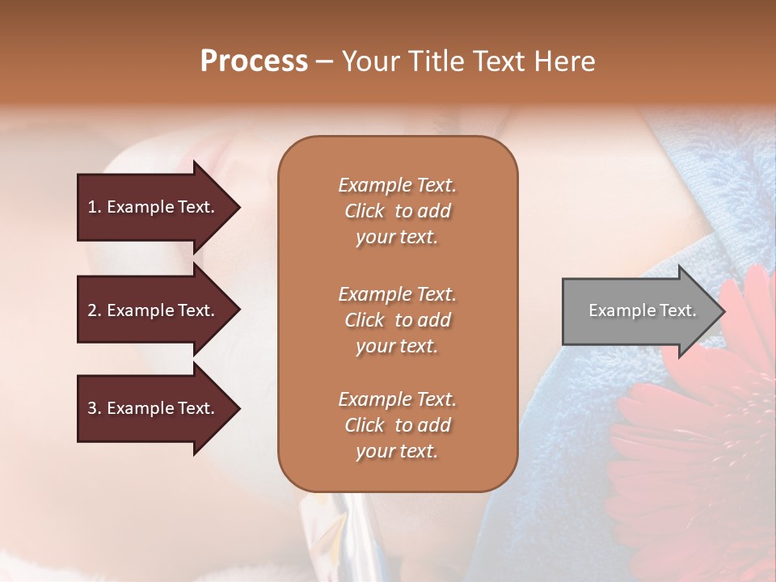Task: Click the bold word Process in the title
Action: coord(254,61)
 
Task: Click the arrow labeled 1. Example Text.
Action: coord(154,207)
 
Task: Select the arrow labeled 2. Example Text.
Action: coord(154,310)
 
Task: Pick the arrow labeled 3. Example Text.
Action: coord(154,408)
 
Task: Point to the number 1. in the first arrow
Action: coord(95,207)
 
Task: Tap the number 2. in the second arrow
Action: coord(95,310)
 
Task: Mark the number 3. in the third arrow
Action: coord(95,408)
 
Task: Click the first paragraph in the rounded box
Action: coord(397,211)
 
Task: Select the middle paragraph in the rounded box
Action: coord(397,320)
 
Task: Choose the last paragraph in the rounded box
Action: coord(397,425)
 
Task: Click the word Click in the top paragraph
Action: coord(365,211)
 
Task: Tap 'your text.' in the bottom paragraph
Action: coord(397,451)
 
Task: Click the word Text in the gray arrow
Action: coord(677,310)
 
